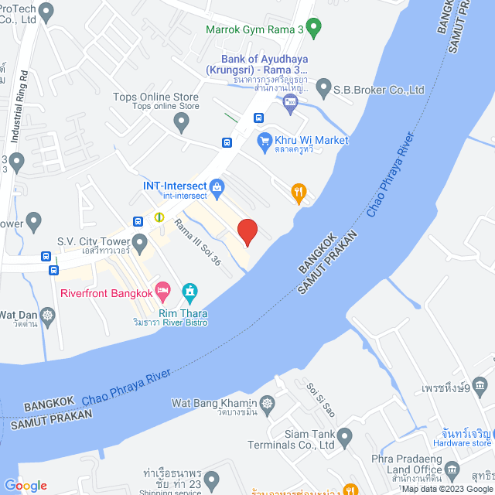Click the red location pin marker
point(247,231)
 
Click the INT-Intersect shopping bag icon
point(217,186)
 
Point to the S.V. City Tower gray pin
point(140,244)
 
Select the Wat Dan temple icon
point(48,315)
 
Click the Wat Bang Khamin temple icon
point(267,403)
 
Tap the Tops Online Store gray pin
point(181,121)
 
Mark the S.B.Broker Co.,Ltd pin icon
point(323,87)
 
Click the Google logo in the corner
point(26,485)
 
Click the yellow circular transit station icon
point(159,217)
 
